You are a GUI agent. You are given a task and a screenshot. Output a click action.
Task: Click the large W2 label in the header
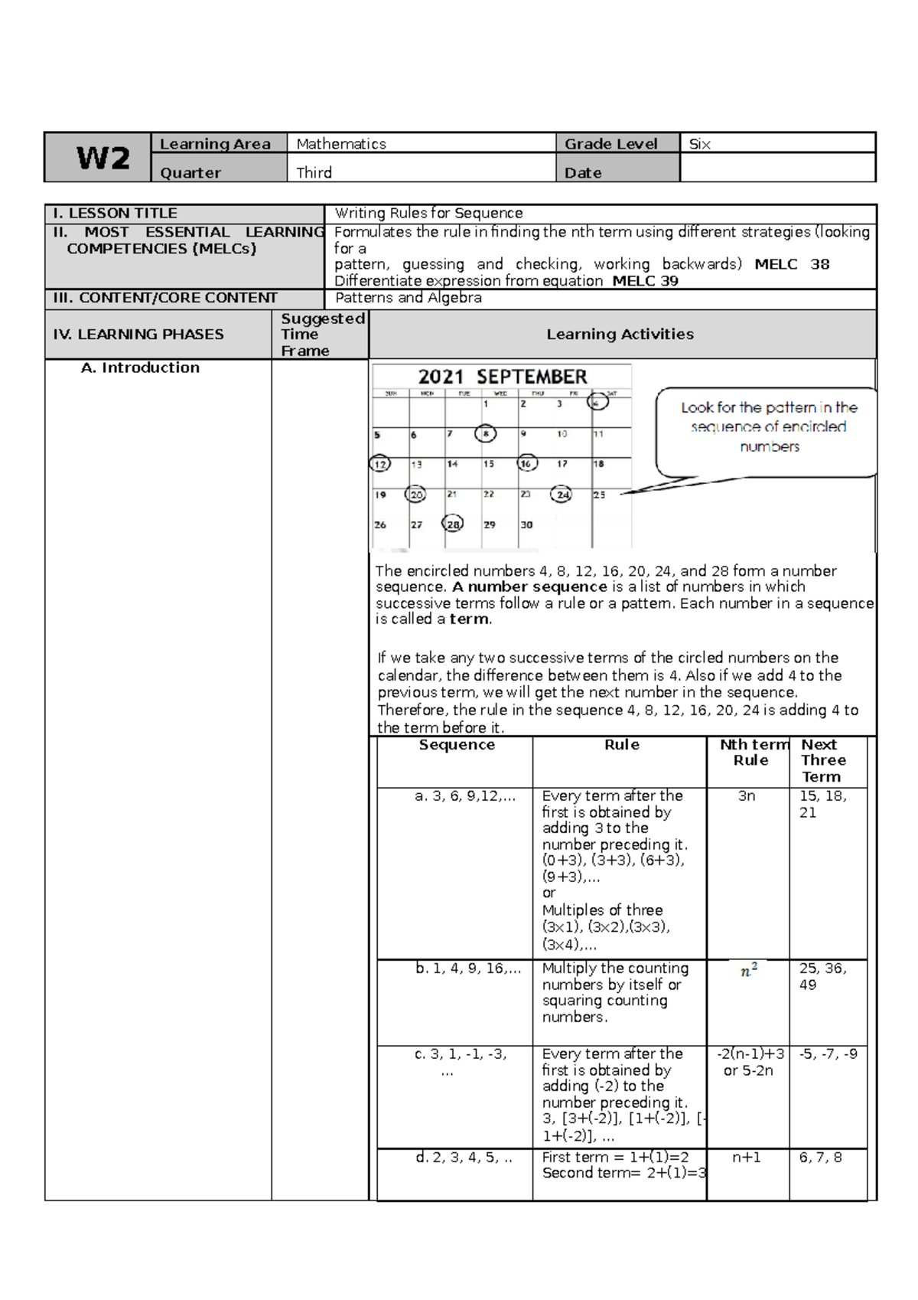pos(103,158)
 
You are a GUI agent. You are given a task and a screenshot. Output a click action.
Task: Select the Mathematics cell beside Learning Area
pos(341,144)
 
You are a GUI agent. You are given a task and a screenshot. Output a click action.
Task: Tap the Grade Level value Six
pos(699,144)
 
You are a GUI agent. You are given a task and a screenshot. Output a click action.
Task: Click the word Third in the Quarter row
pos(314,173)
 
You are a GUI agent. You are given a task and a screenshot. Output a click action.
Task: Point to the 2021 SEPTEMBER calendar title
pos(503,377)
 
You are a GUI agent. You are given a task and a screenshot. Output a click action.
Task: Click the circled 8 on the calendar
pos(485,434)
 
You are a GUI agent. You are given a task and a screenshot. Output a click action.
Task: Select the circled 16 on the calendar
pos(526,463)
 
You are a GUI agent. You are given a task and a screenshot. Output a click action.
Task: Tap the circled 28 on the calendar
pos(453,524)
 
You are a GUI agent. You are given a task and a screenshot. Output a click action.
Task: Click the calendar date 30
pos(526,525)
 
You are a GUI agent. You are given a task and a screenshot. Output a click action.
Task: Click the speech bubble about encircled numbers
pos(768,428)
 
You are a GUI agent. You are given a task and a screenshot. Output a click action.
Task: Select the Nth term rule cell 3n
pos(747,796)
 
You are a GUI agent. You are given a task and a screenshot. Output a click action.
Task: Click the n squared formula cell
pos(749,971)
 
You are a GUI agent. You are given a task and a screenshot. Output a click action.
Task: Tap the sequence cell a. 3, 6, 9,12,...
pos(465,796)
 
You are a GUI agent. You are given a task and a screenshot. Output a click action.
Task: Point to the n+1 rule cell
pos(747,1157)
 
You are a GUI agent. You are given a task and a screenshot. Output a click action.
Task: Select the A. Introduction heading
pos(140,367)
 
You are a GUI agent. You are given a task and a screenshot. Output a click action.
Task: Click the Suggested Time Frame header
pos(321,335)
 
